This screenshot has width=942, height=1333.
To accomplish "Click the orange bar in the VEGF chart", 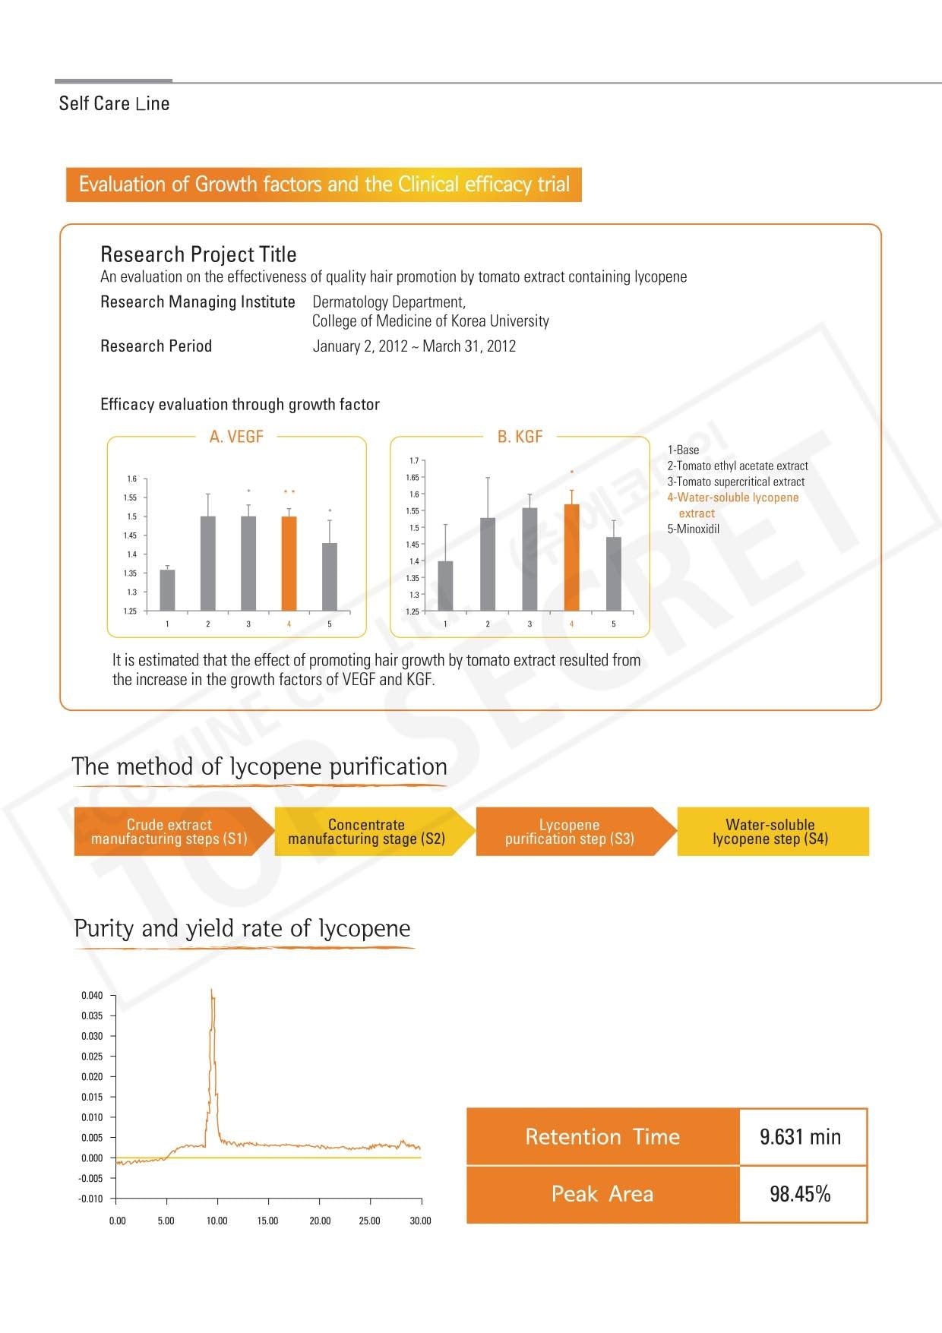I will coord(289,564).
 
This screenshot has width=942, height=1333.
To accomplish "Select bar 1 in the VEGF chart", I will coord(167,590).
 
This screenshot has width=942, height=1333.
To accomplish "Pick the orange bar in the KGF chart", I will coord(571,558).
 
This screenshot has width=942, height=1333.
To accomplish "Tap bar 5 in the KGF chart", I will coord(614,573).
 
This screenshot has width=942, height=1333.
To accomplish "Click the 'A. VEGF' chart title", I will coord(236,437).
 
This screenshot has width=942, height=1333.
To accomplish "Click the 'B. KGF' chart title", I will coord(520,437).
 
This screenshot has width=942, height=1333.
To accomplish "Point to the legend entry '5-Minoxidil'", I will coord(693,529).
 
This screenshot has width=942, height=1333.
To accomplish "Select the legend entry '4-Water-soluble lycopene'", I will coord(732,498).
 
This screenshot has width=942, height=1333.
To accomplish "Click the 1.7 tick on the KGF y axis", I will coord(414,461).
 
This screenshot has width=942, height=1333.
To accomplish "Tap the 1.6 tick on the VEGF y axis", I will coord(132,479).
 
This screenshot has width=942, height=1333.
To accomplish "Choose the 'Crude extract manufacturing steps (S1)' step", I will coord(169,832).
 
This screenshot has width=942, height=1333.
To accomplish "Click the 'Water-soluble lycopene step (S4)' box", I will coord(770,832).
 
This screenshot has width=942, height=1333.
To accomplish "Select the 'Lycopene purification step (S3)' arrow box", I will coord(570,832).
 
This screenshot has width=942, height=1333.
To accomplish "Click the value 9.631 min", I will coord(801,1137).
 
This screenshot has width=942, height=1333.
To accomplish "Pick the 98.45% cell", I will coord(801,1194).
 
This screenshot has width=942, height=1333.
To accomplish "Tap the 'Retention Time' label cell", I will coord(602,1137).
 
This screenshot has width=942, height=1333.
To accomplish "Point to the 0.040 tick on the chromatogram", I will coord(92,996).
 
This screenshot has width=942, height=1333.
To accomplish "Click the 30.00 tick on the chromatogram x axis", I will coord(420,1221).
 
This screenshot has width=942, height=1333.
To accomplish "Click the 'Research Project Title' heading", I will coord(198,254).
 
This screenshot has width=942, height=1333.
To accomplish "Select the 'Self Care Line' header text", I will coord(114,104).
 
